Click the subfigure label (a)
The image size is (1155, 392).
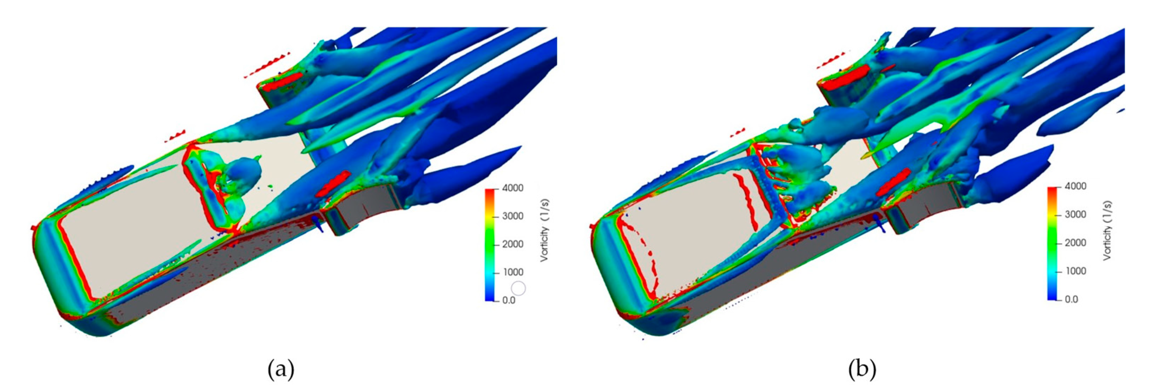point(281,370)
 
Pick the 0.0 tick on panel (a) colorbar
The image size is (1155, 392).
point(509,300)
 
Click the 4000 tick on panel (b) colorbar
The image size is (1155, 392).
point(1075,187)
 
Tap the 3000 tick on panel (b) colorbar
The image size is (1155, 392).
point(1075,214)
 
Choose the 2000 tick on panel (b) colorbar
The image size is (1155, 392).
point(1075,243)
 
